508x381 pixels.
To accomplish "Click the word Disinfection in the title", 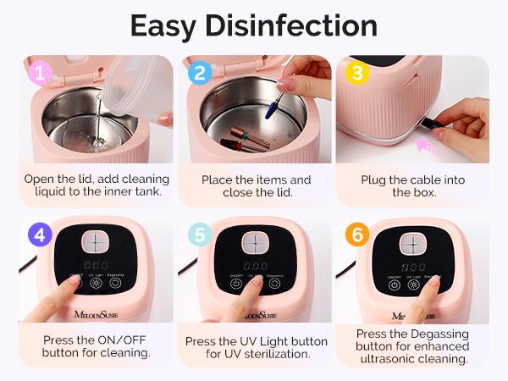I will click(295, 25).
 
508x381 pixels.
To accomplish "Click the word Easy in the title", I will click(168, 25).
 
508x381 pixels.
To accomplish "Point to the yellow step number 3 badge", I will click(356, 72).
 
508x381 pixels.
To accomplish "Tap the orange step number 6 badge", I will click(357, 235).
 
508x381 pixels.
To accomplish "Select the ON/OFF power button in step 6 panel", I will click(395, 285).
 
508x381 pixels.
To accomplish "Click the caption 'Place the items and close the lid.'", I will click(256, 186).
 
